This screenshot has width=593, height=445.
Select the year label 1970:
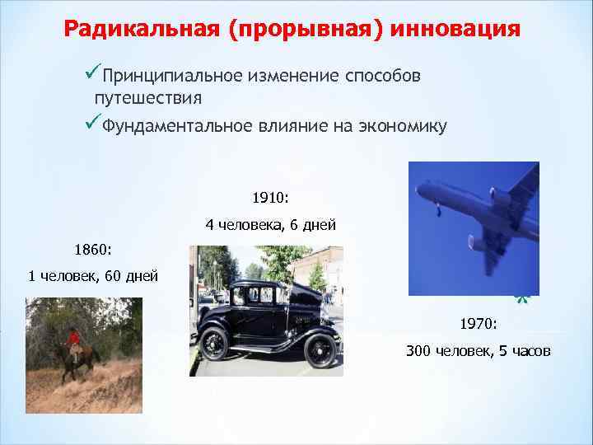pos(479,325)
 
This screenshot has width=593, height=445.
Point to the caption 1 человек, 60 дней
pos(93,276)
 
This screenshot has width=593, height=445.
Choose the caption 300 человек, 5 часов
pos(479,352)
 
